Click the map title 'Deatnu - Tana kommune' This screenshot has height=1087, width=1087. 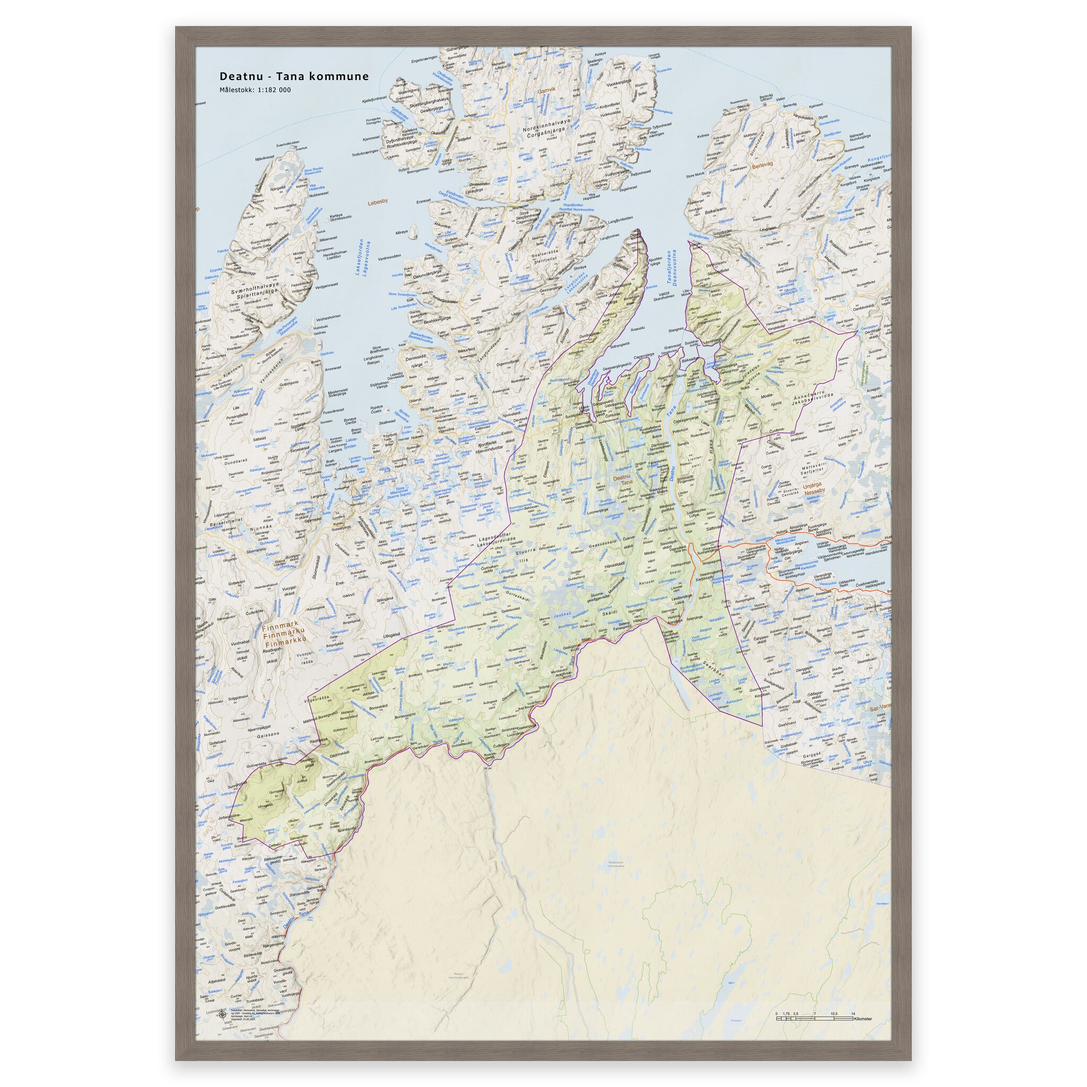(294, 76)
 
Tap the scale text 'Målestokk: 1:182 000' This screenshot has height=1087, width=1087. (255, 90)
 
